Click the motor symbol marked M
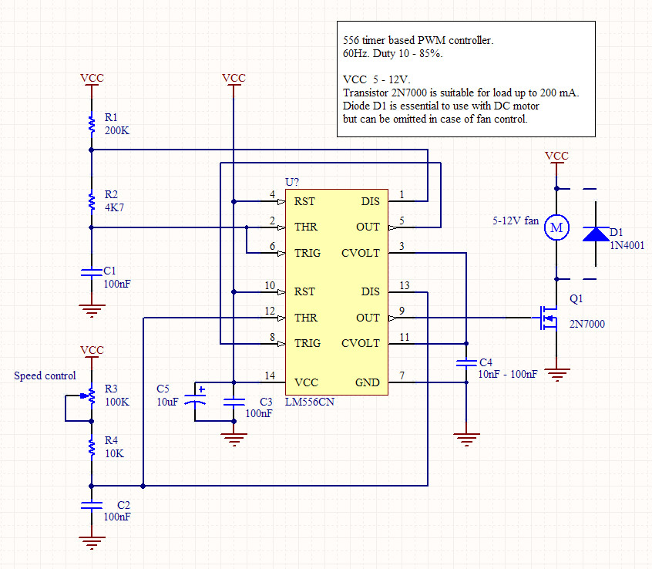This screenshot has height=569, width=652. [x=556, y=227]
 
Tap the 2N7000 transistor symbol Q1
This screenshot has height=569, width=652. [x=548, y=318]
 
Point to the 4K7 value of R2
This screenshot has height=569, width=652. [x=114, y=207]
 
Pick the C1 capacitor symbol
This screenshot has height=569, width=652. [x=92, y=271]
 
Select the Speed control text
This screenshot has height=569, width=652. [x=45, y=375]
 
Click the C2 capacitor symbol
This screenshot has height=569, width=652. [x=92, y=505]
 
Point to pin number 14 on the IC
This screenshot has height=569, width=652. [x=269, y=376]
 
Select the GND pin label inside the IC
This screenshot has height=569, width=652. [x=367, y=382]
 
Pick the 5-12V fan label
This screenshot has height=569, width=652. [x=516, y=220]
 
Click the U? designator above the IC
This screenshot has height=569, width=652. [x=292, y=182]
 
